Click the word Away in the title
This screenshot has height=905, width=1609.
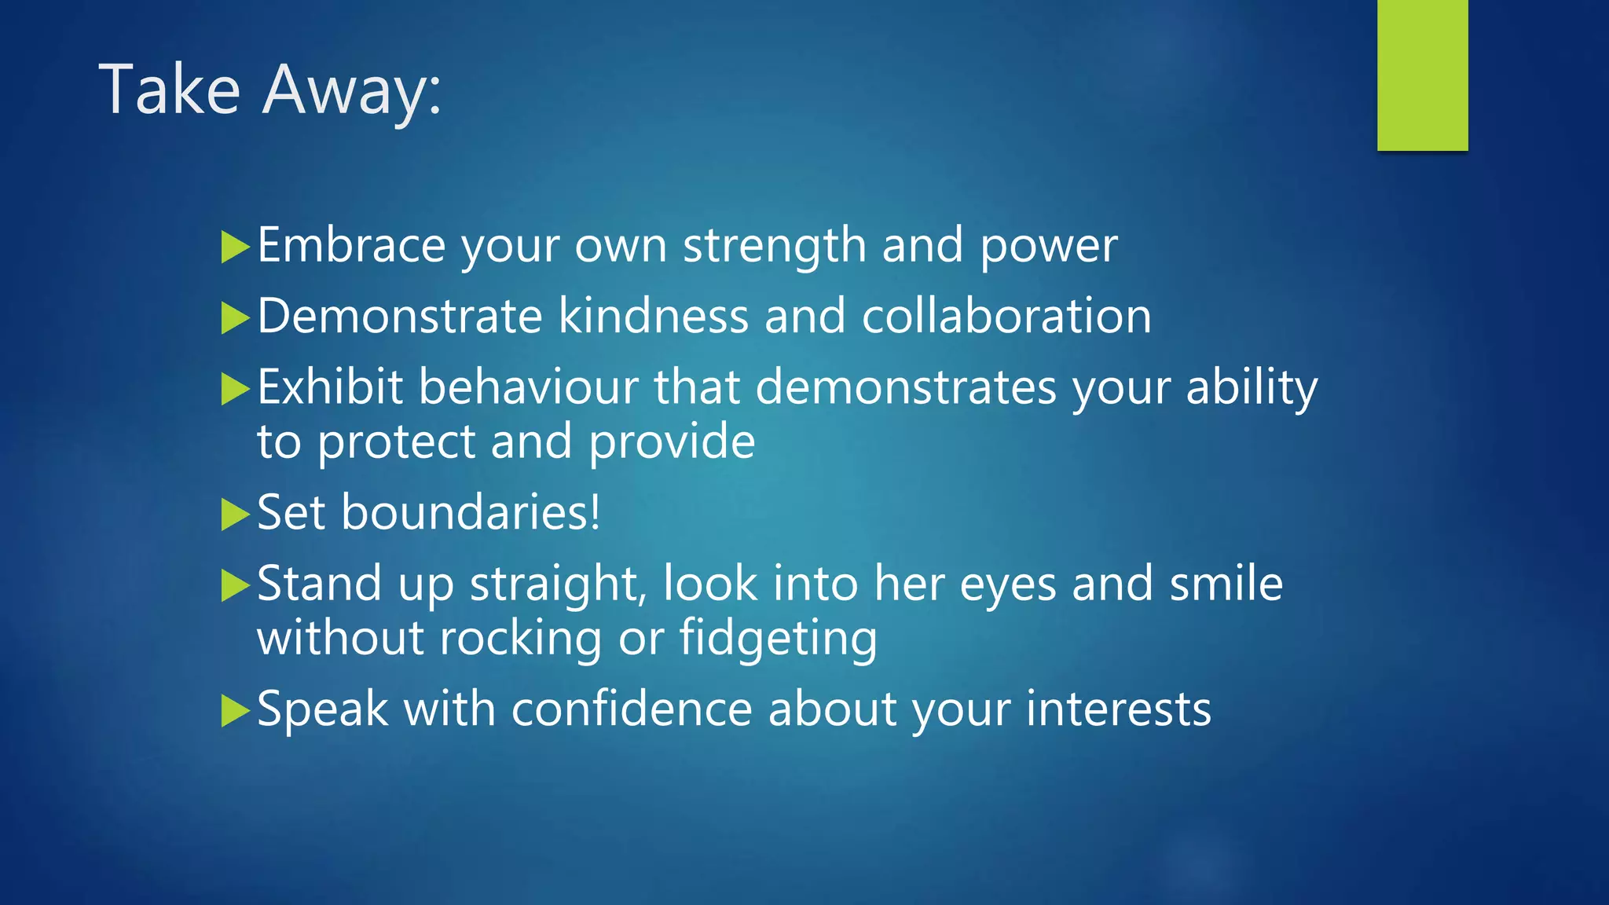coord(352,90)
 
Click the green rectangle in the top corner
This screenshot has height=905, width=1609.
coord(1422,75)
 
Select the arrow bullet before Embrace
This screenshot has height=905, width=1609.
coord(235,247)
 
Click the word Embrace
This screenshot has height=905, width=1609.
coord(351,245)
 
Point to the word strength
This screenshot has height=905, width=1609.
coord(774,247)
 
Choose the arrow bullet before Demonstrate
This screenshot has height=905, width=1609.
coord(235,318)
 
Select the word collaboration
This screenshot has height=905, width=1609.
coord(1006,316)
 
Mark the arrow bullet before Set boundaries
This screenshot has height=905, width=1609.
coord(235,515)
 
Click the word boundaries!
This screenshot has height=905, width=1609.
coord(471,512)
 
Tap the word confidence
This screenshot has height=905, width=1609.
coord(632,709)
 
